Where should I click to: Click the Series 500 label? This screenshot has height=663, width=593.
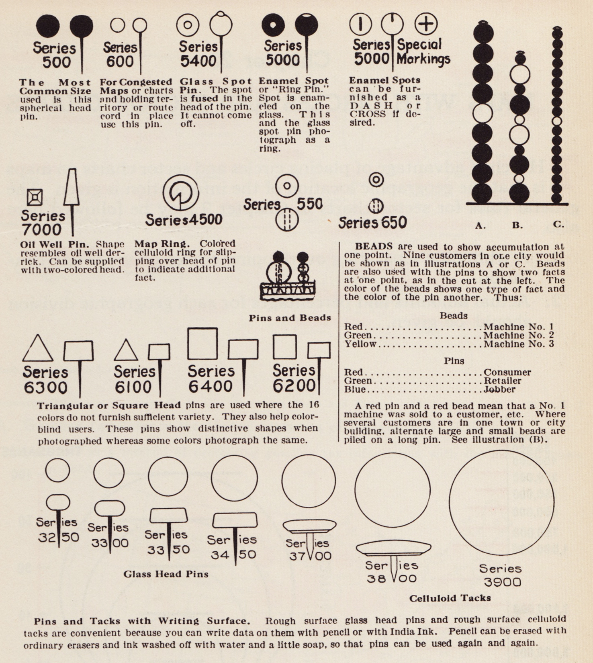click(54, 55)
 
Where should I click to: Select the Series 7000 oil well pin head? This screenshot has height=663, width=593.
click(71, 187)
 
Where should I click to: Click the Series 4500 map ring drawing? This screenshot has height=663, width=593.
click(181, 192)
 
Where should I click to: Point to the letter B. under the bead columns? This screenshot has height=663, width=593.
click(517, 225)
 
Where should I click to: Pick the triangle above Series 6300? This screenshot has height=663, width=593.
click(37, 348)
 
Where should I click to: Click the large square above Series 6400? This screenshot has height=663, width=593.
click(202, 344)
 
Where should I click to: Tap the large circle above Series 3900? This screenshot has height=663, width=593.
click(501, 502)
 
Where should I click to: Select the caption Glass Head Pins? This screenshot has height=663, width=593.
click(166, 574)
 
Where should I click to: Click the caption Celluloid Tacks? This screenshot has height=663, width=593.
click(450, 598)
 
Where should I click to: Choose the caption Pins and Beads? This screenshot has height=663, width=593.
click(290, 318)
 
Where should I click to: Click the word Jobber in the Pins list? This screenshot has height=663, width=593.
click(499, 389)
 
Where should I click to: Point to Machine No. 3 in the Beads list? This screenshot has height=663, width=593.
click(518, 344)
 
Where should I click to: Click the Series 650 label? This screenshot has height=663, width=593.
click(372, 223)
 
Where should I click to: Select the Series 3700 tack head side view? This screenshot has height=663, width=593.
click(309, 526)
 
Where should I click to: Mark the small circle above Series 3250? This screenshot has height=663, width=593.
click(57, 470)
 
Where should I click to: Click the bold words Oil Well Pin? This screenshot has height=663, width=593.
click(55, 244)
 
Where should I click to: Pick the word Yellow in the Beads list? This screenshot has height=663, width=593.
click(360, 344)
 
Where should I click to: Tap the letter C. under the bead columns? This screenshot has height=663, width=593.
click(558, 224)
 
